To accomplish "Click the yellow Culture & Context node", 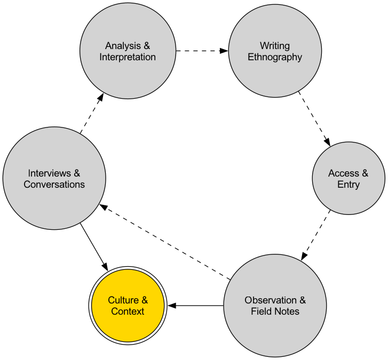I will pyautogui.click(x=128, y=306).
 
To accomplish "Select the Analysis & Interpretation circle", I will pyautogui.click(x=128, y=51).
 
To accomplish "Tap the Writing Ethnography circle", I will pyautogui.click(x=275, y=51).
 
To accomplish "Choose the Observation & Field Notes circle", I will pyautogui.click(x=275, y=306).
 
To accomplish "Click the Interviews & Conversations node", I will pyautogui.click(x=54, y=178).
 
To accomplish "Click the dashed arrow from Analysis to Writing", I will pyautogui.click(x=202, y=51).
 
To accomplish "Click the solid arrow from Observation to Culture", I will pyautogui.click(x=195, y=306).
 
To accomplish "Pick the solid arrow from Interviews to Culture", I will pyautogui.click(x=94, y=246).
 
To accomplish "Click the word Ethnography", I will pyautogui.click(x=275, y=57).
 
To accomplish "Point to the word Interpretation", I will pyautogui.click(x=128, y=57).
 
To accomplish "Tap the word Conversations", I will pyautogui.click(x=54, y=185).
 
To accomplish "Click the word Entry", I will pyautogui.click(x=348, y=185).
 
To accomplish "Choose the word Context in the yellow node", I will pyautogui.click(x=128, y=311).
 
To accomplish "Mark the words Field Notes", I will pyautogui.click(x=275, y=311).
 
